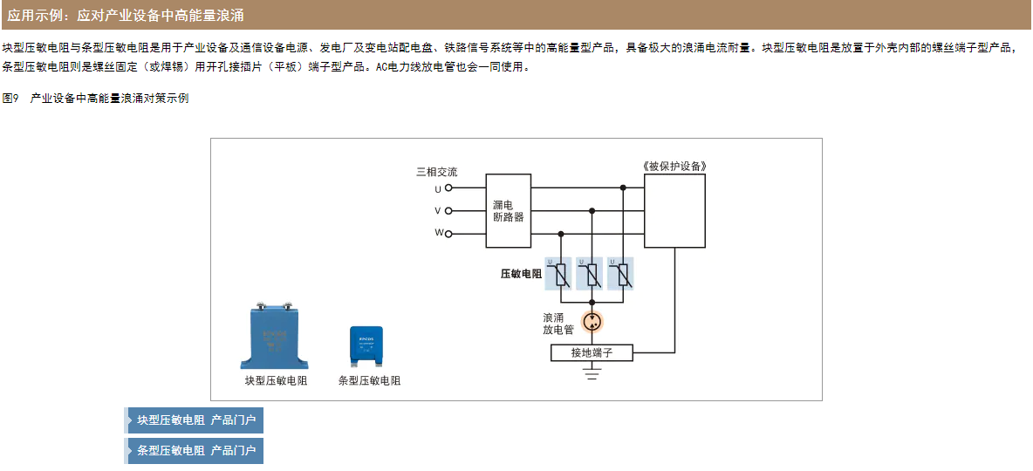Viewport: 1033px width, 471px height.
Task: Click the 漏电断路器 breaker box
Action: (509, 210)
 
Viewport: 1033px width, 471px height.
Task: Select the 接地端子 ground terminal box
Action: (592, 352)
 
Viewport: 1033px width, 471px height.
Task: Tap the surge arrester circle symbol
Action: (592, 322)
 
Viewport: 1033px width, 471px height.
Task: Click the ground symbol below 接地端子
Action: (592, 372)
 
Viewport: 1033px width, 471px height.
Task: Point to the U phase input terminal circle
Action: (448, 188)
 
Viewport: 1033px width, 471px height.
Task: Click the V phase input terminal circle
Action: (448, 210)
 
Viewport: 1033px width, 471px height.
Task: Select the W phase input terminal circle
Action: (448, 234)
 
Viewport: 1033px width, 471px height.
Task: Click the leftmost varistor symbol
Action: (561, 275)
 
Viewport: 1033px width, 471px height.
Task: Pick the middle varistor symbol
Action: (592, 275)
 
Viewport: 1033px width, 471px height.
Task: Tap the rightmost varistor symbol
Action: (622, 275)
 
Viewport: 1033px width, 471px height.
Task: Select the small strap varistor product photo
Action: (366, 347)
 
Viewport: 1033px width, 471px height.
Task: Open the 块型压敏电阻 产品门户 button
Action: (195, 420)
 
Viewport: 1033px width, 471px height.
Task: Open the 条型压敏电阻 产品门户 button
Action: (195, 451)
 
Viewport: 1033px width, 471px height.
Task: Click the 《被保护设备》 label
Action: (674, 166)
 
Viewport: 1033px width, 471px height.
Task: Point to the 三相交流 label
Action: (436, 172)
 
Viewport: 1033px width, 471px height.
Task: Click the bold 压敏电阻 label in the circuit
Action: (521, 274)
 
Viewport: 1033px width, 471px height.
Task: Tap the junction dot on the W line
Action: (561, 234)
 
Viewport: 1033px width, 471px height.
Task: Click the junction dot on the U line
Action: (622, 188)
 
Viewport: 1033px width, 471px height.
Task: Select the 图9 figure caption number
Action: (10, 99)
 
